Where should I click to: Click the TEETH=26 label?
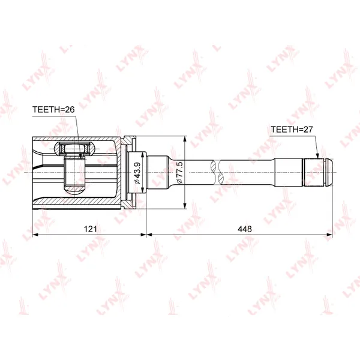click(53, 110)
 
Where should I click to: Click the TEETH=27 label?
click(292, 130)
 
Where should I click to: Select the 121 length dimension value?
click(90, 229)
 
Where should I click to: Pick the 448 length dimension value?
click(245, 229)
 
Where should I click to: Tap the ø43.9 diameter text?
click(137, 173)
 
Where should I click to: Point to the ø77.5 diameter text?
click(179, 172)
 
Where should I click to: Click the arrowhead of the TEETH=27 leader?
click(318, 155)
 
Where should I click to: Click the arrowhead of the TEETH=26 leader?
click(80, 155)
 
